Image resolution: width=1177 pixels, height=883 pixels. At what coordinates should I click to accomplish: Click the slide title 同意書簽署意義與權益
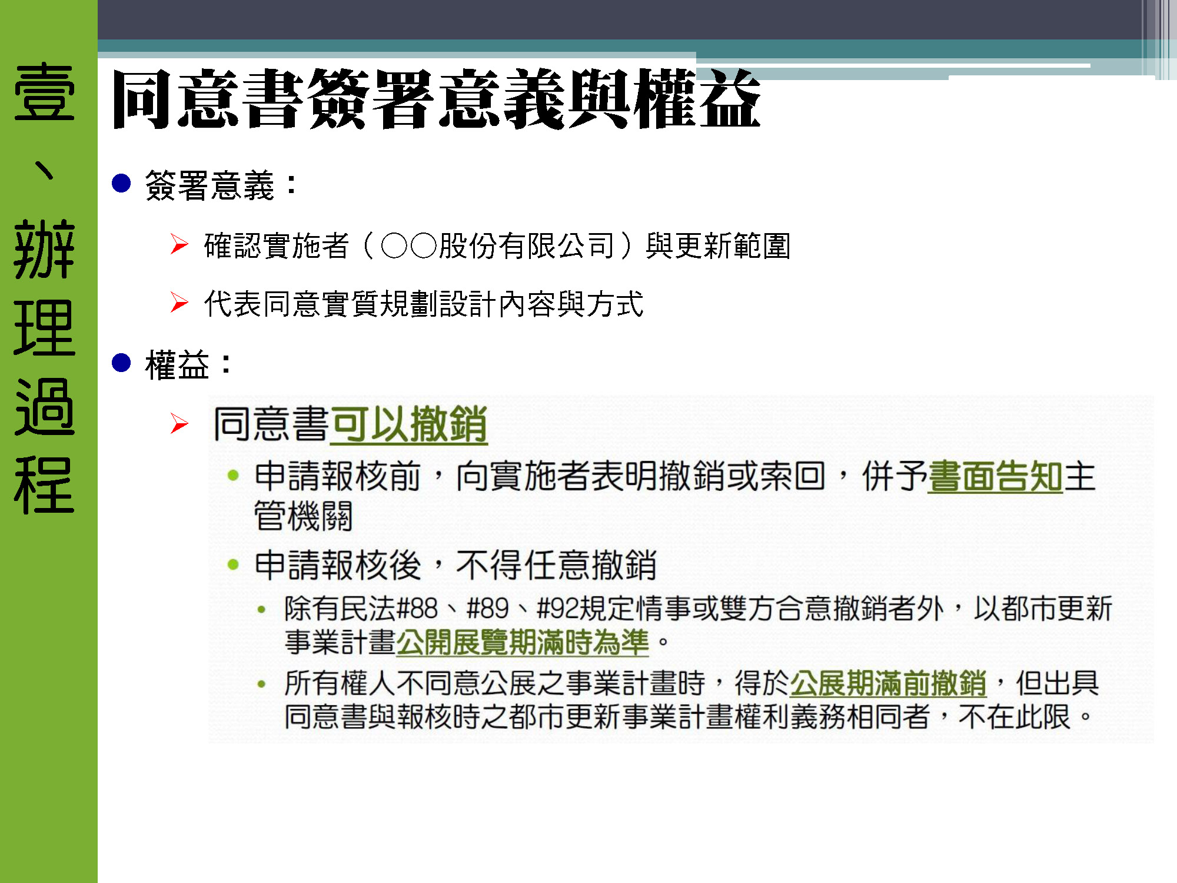[436, 99]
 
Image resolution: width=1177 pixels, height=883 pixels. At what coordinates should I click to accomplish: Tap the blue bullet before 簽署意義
[121, 184]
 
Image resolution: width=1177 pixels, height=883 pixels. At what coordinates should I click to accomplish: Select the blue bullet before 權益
[121, 363]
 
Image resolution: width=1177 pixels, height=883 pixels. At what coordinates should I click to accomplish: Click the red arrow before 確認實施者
[179, 244]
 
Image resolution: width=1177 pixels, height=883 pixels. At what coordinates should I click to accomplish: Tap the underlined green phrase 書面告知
[995, 476]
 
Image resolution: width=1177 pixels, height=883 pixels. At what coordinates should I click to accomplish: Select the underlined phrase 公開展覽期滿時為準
[523, 642]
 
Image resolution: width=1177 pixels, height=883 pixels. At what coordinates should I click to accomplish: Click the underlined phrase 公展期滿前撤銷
[888, 683]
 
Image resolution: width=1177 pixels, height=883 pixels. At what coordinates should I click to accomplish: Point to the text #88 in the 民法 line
[418, 609]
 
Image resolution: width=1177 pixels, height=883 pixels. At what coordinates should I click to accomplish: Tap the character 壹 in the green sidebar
[45, 92]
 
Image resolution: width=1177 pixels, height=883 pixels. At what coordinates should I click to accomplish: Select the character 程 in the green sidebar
[45, 485]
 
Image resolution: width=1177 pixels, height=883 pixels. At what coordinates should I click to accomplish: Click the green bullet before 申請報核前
[233, 476]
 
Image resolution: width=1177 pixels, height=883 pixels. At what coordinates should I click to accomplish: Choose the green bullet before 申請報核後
[233, 565]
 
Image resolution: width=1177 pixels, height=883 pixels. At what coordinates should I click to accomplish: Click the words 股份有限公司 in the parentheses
[527, 245]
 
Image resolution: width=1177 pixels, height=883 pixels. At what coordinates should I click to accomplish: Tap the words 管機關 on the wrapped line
[303, 516]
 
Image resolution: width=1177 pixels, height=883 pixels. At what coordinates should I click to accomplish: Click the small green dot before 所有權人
[262, 684]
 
